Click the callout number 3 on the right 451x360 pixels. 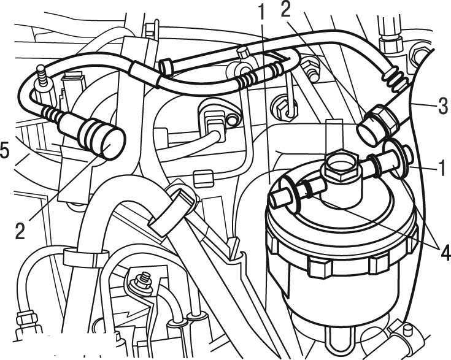[443, 106]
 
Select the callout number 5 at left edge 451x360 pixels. [4, 150]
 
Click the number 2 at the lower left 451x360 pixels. [20, 231]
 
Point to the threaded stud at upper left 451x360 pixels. [42, 76]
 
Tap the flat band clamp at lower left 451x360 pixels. [86, 258]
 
